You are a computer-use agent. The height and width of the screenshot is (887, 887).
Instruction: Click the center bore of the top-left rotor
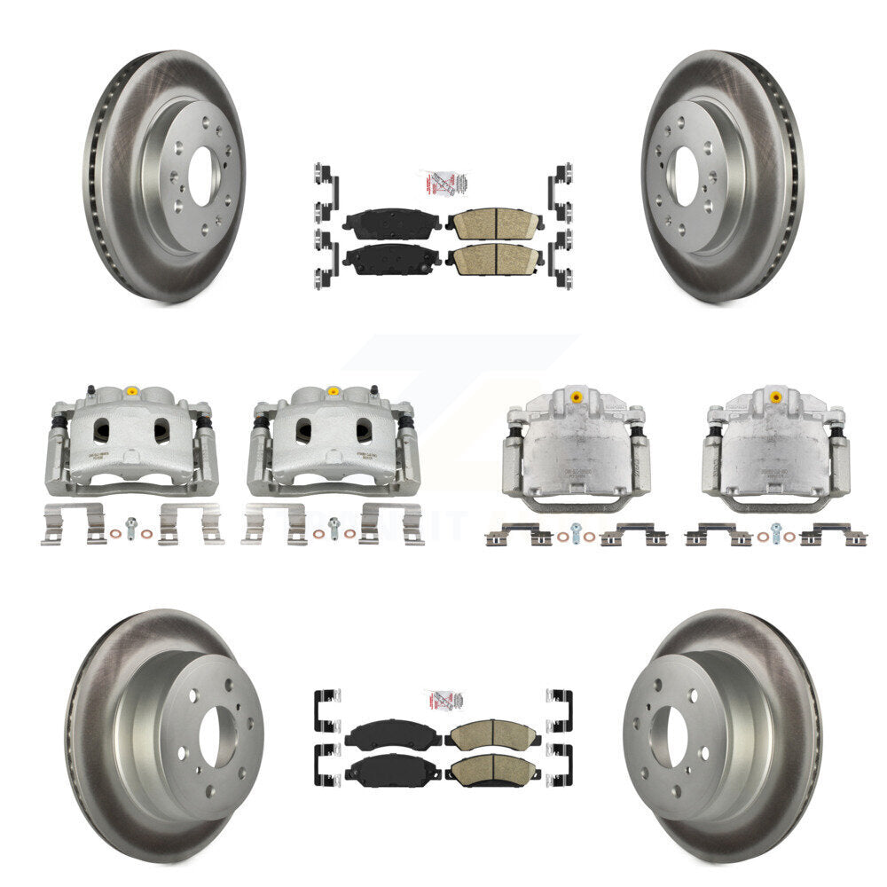click(200, 176)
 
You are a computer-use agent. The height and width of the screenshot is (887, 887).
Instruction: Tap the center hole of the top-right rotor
click(683, 176)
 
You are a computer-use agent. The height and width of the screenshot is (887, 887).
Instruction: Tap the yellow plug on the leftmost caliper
click(131, 391)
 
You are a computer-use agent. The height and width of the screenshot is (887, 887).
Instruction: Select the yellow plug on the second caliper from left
click(334, 391)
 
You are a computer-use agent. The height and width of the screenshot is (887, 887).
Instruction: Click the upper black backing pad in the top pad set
click(392, 224)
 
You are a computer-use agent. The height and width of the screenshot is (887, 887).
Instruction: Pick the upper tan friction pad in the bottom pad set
click(493, 734)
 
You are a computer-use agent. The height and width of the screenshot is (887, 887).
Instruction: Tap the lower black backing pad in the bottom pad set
click(393, 770)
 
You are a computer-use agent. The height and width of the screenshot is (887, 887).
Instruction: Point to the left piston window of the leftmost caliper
click(101, 430)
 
